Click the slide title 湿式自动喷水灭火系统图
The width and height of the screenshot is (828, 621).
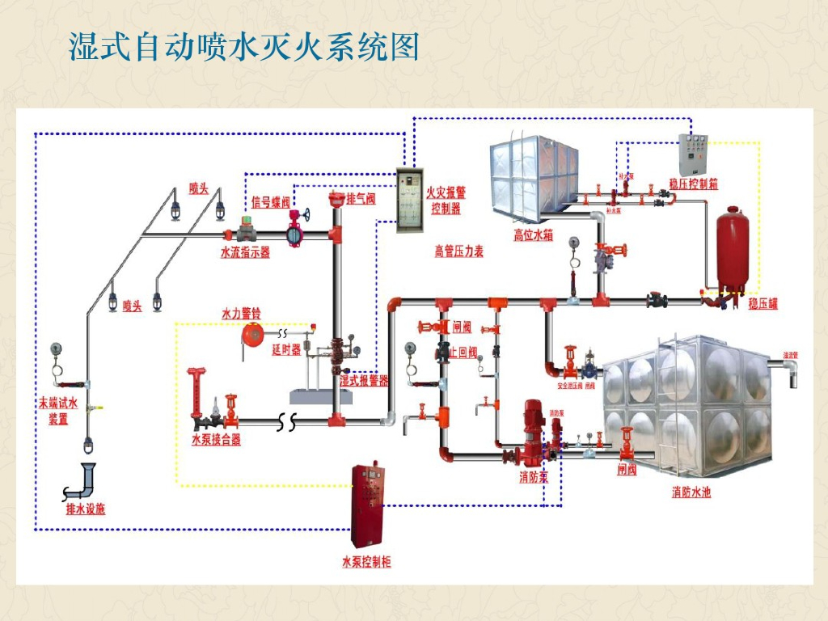[x=243, y=48]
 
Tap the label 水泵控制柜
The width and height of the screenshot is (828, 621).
[x=366, y=562]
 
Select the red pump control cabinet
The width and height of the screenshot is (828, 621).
[x=365, y=505]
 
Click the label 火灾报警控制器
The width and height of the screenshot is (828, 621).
[x=446, y=201]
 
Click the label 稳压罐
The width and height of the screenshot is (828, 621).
[x=763, y=304]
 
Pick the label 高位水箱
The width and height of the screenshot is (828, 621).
[x=534, y=235]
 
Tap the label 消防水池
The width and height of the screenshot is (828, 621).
[x=691, y=492]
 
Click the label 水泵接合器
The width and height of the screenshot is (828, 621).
[x=216, y=441]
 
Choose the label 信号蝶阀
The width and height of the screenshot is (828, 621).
[x=270, y=202]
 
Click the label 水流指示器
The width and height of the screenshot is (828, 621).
[x=245, y=252]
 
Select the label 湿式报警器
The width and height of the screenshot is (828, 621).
[x=364, y=380]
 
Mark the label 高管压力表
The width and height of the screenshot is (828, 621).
[x=458, y=251]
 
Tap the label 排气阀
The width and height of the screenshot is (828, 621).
[x=361, y=199]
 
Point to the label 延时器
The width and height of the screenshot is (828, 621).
[x=286, y=350]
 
